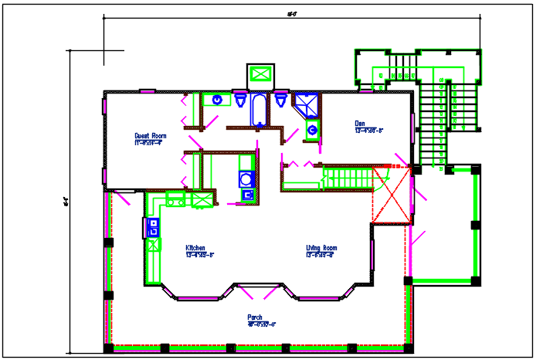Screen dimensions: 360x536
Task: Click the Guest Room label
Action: pos(151,134)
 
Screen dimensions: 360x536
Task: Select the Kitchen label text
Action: pos(195,249)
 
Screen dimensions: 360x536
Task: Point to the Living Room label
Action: pos(319,249)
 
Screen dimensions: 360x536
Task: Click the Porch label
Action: pos(255,317)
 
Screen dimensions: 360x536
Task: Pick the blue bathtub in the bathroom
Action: pos(258,108)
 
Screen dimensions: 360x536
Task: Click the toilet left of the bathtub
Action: pos(241,100)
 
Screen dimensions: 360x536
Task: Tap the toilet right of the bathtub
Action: pos(280,101)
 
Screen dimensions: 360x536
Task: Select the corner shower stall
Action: pos(307,104)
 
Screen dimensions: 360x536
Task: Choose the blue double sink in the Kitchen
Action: pos(152,227)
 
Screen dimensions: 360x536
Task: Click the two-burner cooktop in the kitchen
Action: pos(175,200)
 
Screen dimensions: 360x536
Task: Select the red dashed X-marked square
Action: pos(392,195)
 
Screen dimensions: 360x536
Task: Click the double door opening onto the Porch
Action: pos(258,292)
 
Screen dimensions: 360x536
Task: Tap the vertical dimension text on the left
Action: pos(67,203)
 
